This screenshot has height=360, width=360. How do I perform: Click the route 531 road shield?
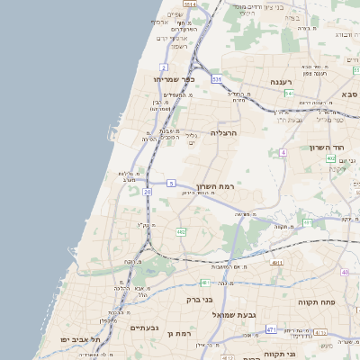point(216,80)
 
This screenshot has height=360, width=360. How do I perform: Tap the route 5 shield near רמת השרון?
point(171,184)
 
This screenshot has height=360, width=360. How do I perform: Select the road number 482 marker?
point(182,232)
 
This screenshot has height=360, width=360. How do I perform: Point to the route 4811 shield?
point(276,263)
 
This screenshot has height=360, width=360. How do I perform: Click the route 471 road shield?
point(271,330)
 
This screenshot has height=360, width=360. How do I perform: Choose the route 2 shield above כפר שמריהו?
point(164,67)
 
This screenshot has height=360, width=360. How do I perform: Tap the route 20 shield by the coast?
point(147,191)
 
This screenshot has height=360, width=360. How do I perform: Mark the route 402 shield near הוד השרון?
point(331,158)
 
